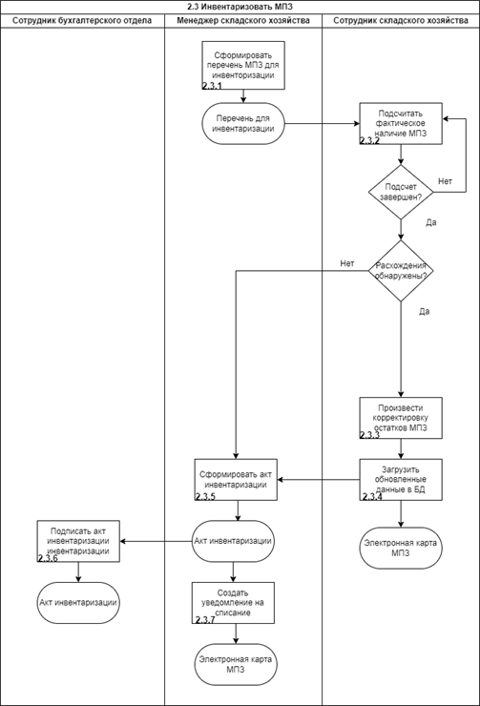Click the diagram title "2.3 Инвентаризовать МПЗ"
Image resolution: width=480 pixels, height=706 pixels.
[x=240, y=7]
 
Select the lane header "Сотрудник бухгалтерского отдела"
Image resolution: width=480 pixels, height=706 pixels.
[x=82, y=20]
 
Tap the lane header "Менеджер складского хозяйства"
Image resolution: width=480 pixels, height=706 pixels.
[x=243, y=20]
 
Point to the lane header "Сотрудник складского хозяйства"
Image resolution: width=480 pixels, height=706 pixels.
[x=401, y=20]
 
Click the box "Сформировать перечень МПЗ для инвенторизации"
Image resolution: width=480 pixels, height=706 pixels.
[x=243, y=65]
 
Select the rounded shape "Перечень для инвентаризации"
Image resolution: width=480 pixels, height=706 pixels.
[x=243, y=123]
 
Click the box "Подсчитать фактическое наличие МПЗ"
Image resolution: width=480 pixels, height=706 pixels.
[x=401, y=123]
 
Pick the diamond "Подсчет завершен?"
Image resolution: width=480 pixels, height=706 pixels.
[x=401, y=193]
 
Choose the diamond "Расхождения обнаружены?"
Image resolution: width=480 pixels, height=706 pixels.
[x=401, y=271]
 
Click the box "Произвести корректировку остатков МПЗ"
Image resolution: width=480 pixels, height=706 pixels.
[x=401, y=418]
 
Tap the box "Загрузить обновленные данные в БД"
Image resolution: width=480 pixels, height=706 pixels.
[x=401, y=480]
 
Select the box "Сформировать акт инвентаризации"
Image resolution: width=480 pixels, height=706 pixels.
[x=236, y=480]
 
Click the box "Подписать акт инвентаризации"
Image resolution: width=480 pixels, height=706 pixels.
[x=78, y=541]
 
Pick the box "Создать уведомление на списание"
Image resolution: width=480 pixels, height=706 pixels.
[x=233, y=603]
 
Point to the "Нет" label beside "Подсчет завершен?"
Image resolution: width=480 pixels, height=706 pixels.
[x=445, y=181]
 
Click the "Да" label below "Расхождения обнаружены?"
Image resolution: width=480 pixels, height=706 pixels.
[x=424, y=312]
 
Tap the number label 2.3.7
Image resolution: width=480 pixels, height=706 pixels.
[x=205, y=620]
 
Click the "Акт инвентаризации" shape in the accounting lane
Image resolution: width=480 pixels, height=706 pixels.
[x=78, y=603]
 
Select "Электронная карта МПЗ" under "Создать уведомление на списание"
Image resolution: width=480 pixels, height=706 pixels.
[x=236, y=665]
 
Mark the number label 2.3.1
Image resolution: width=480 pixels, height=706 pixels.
[x=212, y=86]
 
